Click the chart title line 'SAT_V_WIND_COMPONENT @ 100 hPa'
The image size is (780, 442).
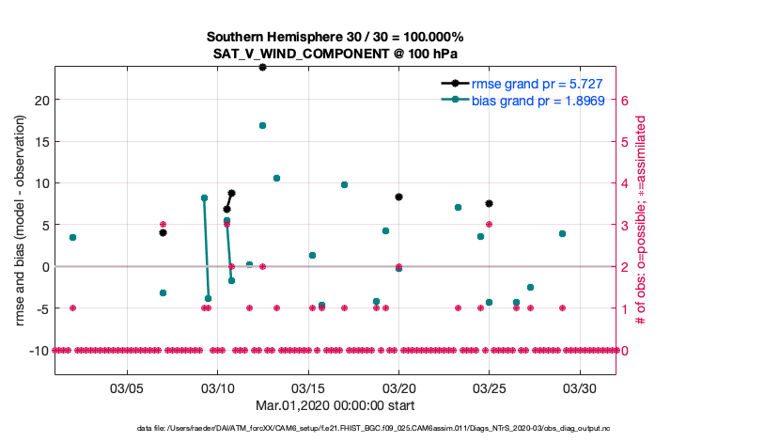(335, 54)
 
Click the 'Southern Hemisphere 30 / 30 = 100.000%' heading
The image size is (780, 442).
(335, 37)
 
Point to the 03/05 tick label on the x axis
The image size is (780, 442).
(127, 387)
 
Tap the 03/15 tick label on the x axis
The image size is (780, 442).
(308, 387)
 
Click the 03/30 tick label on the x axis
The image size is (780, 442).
(580, 387)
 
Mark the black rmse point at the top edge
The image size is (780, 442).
(262, 67)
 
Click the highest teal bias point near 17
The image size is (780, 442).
(262, 125)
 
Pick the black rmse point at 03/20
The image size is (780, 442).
(398, 197)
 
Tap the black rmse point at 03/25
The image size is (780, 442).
(490, 203)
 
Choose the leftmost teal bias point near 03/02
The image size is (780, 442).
(72, 237)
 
